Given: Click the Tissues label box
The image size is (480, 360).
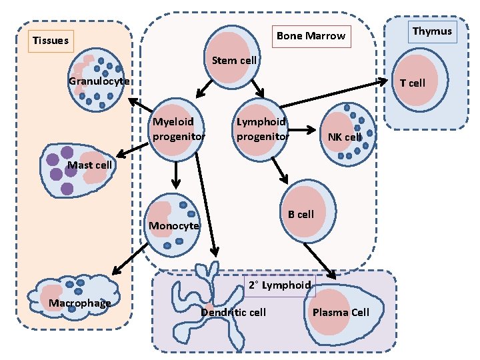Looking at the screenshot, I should click(x=51, y=41).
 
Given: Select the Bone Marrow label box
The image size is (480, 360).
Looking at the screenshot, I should click(x=311, y=35).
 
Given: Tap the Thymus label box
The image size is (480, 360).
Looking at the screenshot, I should click(x=432, y=31).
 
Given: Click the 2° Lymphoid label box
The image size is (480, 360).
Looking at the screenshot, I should click(x=279, y=285).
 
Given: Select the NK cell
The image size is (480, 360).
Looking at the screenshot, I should click(x=347, y=134).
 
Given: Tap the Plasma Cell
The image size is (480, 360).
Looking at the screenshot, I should click(x=343, y=312).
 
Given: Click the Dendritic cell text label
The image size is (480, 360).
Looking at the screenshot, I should click(x=233, y=313).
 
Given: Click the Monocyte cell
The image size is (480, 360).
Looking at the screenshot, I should click(x=173, y=224).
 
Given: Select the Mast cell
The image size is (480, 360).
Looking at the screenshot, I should click(x=77, y=169).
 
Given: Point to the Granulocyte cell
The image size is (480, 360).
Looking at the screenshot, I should click(x=96, y=81).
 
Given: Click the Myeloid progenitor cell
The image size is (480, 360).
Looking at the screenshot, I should click(x=177, y=129).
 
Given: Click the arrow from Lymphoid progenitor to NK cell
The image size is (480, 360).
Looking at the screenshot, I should click(x=304, y=130).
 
